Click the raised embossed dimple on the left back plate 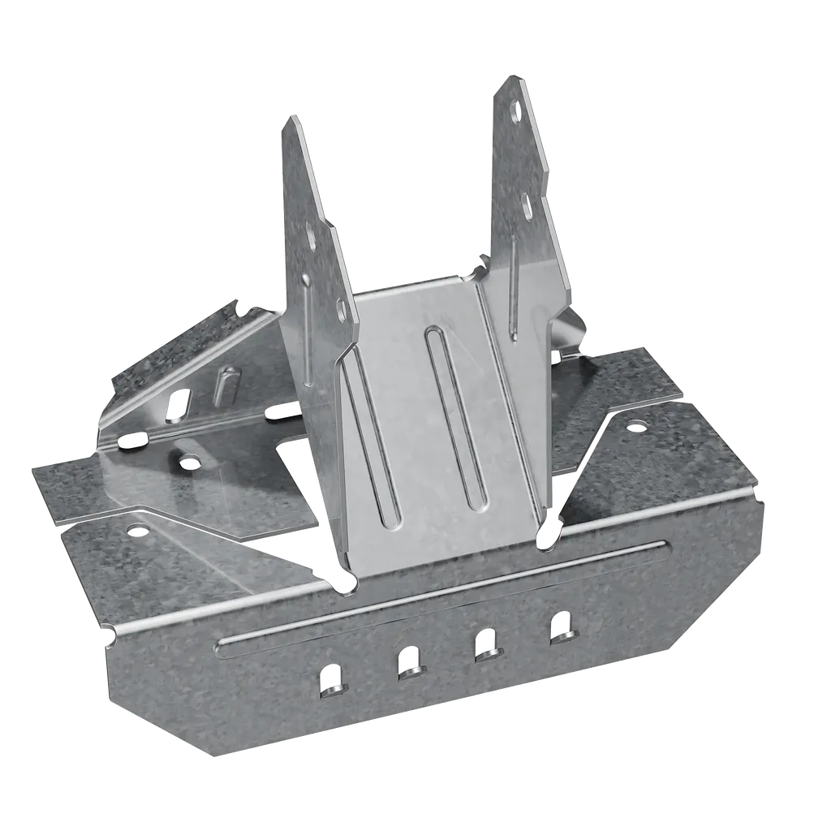(x=227, y=385)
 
